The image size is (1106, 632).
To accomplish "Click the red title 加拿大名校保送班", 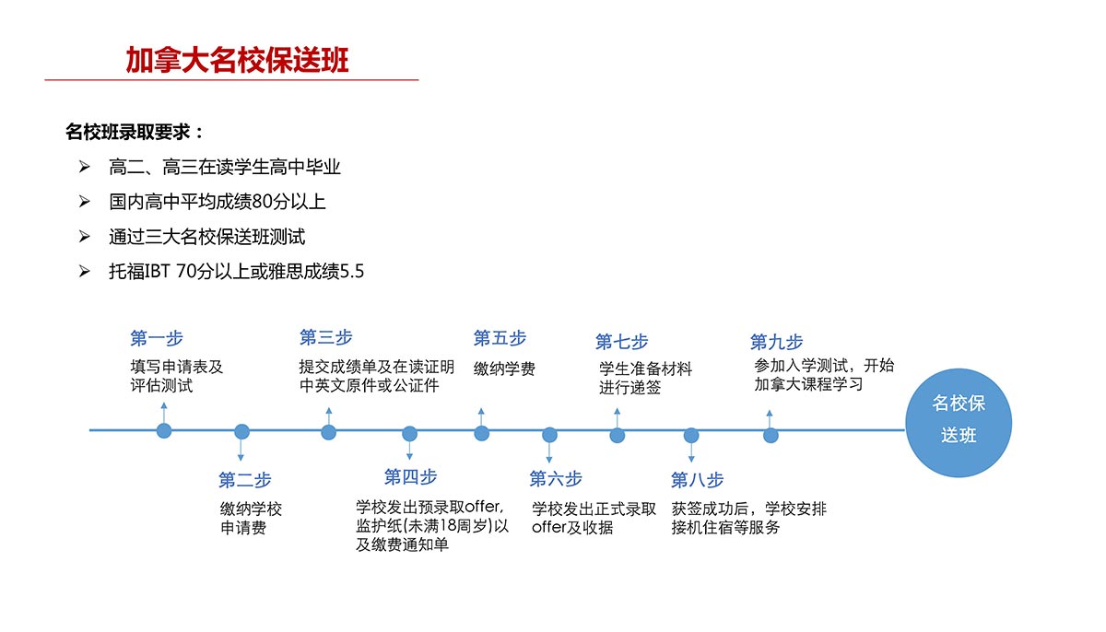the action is coord(237,60).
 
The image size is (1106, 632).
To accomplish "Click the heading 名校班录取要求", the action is coord(128,132).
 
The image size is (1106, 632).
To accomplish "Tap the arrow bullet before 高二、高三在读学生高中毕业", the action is coord(85,167).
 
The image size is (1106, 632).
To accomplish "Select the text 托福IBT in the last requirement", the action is coord(140,272).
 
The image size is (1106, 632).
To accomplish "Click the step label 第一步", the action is coord(157,338).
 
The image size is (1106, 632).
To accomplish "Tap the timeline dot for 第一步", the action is coord(164,431).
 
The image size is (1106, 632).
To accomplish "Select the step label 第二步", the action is coord(245,480).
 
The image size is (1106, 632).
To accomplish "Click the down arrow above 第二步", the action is coord(241,450).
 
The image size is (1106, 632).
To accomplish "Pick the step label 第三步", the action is coord(326,337).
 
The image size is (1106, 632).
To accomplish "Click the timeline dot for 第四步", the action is coord(409,434).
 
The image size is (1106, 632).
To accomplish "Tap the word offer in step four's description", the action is coord(483,506).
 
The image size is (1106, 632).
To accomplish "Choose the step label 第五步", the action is coord(500,338).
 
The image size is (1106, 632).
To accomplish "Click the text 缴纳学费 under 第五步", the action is coord(504,369).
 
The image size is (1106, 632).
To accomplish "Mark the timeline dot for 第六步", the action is coord(549,435).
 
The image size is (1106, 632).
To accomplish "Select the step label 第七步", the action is coord(621,342).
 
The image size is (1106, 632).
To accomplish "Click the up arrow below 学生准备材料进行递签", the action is coord(618,418).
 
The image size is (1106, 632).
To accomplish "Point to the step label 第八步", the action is coord(697,480).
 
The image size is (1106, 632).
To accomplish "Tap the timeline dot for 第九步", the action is coord(771,436).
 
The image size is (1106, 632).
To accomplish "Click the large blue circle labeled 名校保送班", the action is coord(959,423).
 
